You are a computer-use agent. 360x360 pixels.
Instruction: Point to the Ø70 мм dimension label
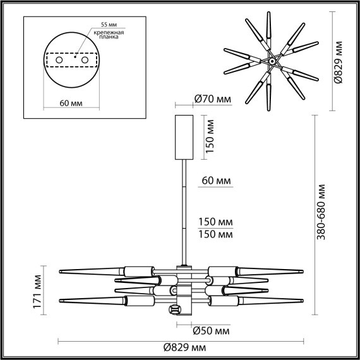[x=212, y=99]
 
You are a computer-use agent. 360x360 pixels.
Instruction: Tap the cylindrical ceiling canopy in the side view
[x=184, y=138]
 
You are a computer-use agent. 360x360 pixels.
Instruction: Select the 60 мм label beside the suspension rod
[x=215, y=181]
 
